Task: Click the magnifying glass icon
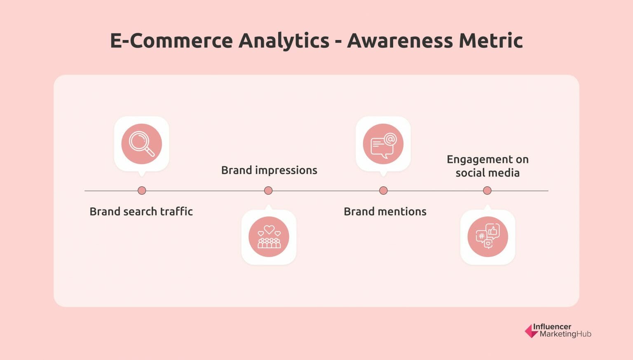click(x=141, y=144)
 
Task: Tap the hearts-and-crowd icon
click(x=269, y=237)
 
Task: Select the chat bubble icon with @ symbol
click(x=383, y=144)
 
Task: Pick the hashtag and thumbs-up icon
click(x=488, y=237)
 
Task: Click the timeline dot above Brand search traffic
click(x=142, y=191)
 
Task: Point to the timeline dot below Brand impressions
click(x=268, y=191)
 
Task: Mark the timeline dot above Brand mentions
click(x=383, y=191)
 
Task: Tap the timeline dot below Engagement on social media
click(x=487, y=191)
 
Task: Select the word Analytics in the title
click(x=284, y=41)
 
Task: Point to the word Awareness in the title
click(x=400, y=41)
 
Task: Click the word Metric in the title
click(x=491, y=41)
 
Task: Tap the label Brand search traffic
click(x=141, y=212)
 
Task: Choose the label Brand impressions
click(x=269, y=170)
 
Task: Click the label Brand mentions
click(x=385, y=212)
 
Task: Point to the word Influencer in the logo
click(x=552, y=327)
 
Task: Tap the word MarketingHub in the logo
click(x=565, y=334)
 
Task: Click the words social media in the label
click(x=488, y=173)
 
